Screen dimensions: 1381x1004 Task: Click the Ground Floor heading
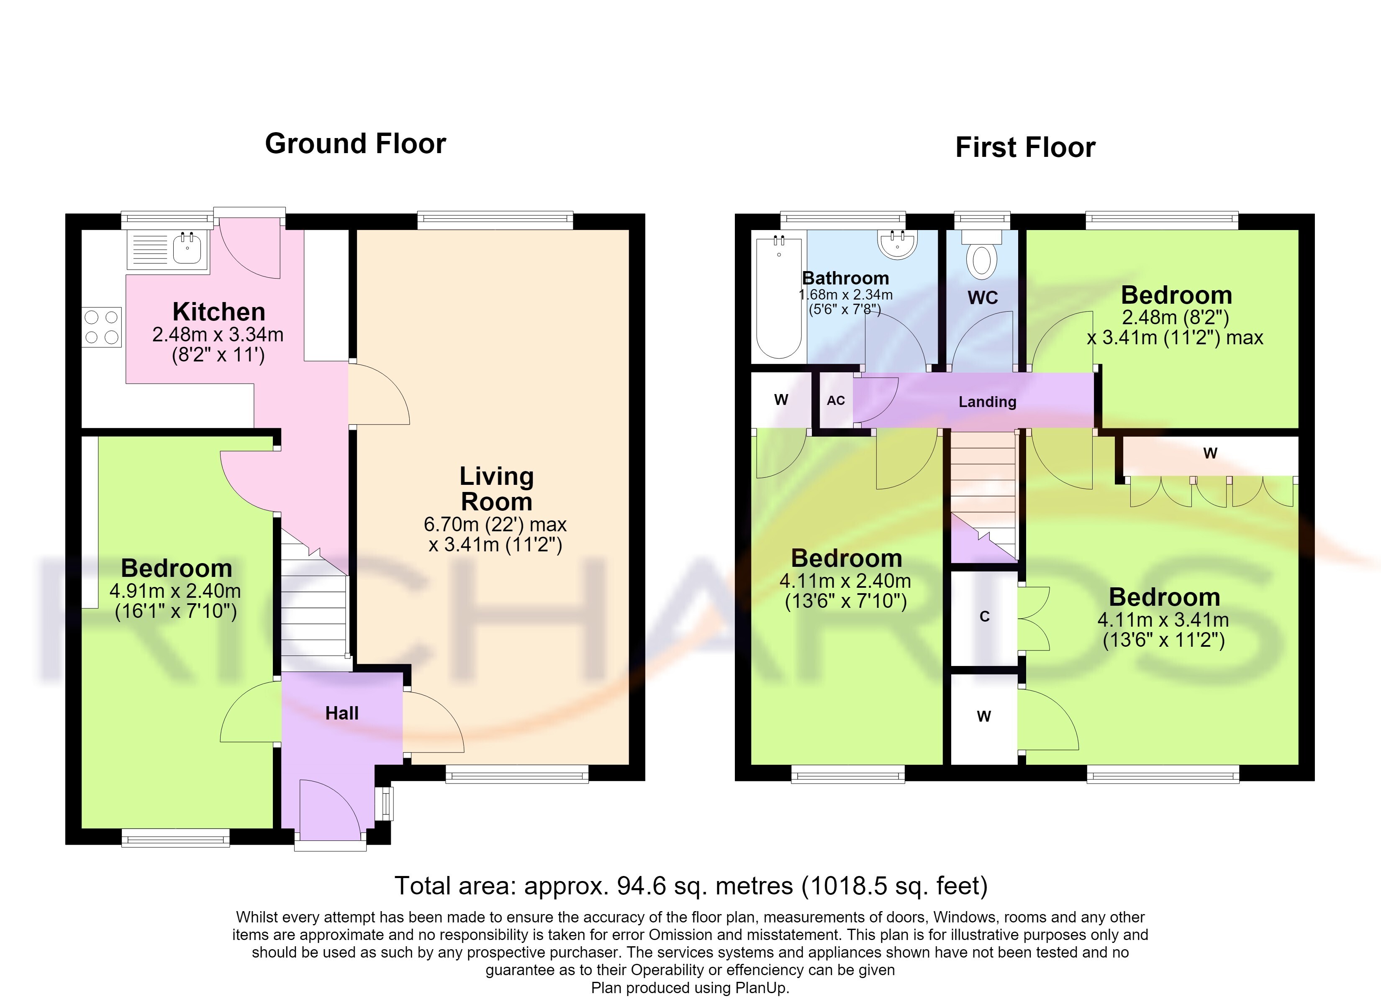click(356, 143)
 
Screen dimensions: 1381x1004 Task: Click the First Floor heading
click(1025, 147)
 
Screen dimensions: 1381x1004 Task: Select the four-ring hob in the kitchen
click(102, 327)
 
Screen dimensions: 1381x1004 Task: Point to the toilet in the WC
click(981, 254)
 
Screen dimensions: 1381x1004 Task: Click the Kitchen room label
click(218, 312)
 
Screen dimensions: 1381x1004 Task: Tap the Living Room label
click(497, 489)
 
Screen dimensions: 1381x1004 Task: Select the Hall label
click(341, 713)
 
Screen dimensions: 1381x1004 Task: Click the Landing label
click(988, 402)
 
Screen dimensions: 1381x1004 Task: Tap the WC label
click(983, 298)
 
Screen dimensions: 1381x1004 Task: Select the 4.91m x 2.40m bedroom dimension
click(175, 591)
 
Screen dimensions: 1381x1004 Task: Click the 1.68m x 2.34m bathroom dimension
click(846, 295)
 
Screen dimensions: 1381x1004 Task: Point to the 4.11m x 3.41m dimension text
click(1163, 620)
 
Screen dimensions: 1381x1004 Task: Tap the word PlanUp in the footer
click(761, 988)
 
